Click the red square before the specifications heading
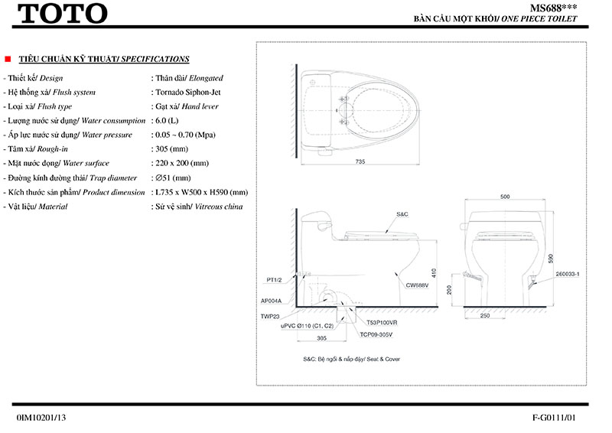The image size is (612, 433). pyautogui.click(x=7, y=59)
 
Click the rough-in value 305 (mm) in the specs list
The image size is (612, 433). pyautogui.click(x=171, y=149)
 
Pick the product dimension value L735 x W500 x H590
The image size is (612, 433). pyautogui.click(x=202, y=192)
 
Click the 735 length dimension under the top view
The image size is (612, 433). pyautogui.click(x=360, y=161)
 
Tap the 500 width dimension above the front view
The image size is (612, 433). pyautogui.click(x=505, y=197)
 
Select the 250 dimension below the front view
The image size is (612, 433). pyautogui.click(x=485, y=315)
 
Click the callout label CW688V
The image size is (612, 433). pyautogui.click(x=417, y=285)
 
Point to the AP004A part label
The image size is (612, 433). pyautogui.click(x=272, y=300)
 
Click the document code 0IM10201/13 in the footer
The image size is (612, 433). pyautogui.click(x=41, y=418)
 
